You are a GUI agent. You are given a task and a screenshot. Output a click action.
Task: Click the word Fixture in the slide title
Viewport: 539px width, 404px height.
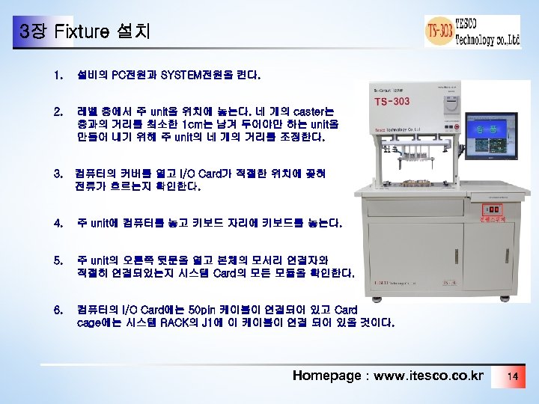82,32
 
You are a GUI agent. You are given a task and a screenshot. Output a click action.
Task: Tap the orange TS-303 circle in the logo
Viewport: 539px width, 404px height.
439,31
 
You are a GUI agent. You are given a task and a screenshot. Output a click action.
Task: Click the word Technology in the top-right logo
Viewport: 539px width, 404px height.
473,40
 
